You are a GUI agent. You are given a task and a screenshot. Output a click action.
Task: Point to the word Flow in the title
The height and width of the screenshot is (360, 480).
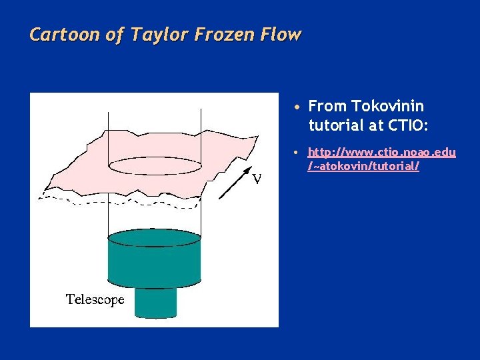pyautogui.click(x=282, y=34)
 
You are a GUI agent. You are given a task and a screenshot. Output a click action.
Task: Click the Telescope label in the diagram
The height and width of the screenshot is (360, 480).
pyautogui.click(x=95, y=300)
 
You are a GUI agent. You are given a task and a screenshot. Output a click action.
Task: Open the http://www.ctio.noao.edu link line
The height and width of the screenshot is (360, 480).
pyautogui.click(x=381, y=153)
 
